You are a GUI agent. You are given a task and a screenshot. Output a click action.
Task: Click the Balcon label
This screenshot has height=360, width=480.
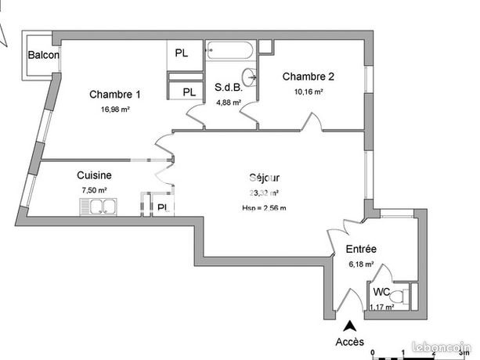coord(44,55)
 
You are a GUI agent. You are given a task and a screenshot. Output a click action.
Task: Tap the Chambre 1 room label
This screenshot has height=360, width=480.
coord(115,95)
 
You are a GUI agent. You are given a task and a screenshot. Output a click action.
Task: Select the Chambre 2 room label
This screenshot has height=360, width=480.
coord(309,77)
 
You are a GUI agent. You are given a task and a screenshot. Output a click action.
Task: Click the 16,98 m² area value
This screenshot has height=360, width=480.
coord(115,110)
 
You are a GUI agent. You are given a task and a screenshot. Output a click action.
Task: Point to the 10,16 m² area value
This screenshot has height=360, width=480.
coord(309,92)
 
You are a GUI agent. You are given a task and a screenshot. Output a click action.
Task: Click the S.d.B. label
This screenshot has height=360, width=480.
coord(229,88)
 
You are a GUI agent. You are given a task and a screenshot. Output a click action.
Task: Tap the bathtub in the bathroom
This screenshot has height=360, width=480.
coord(230,52)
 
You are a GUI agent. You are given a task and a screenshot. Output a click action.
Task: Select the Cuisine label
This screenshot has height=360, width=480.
coord(94,176)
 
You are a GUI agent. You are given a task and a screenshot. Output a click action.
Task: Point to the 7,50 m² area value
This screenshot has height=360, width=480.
coord(94,190)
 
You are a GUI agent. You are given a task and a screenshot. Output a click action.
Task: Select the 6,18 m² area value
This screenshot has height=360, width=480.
coord(361,265)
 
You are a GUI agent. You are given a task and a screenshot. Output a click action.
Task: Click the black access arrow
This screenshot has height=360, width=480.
coord(349,327)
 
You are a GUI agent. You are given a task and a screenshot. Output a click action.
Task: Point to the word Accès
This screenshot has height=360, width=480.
coord(349,342)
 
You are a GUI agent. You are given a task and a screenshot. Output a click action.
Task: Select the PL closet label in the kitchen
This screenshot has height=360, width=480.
coord(162,207)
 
